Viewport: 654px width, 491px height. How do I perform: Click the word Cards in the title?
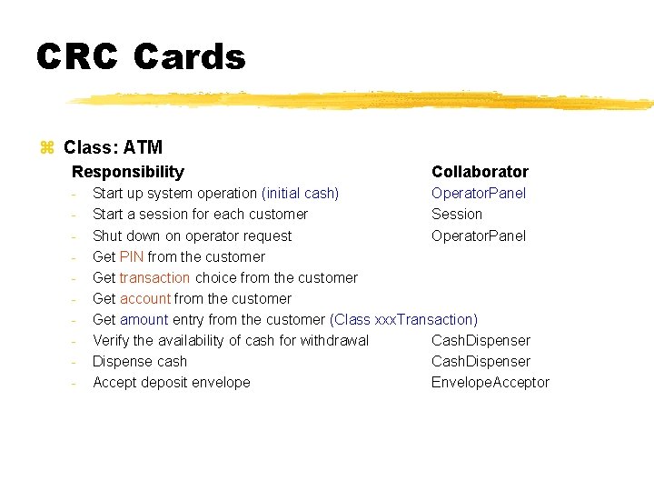pos(190,57)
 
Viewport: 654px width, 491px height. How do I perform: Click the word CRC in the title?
pos(76,57)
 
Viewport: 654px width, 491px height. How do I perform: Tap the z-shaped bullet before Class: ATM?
pos(48,147)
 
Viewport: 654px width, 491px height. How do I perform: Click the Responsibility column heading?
pos(128,172)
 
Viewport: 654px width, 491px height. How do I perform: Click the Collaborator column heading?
pos(480,172)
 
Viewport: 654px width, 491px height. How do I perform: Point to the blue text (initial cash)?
pos(300,193)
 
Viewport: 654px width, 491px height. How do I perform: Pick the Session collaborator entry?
pos(457,214)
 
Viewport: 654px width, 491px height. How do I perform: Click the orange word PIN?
pos(132,256)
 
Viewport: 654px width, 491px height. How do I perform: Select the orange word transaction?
pos(154,277)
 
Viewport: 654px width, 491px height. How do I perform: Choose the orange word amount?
pos(144,319)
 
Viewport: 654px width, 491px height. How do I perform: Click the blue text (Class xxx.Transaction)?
pos(404,319)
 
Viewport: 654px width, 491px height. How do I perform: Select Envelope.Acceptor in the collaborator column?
pos(490,382)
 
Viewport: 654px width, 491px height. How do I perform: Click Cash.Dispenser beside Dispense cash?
pos(481,361)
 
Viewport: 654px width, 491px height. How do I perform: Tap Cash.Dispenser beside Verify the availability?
pos(481,340)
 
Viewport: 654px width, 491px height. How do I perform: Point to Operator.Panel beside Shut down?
pos(479,235)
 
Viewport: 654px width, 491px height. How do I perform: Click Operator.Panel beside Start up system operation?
pos(479,193)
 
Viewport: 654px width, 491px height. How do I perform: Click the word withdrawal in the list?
pos(335,340)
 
